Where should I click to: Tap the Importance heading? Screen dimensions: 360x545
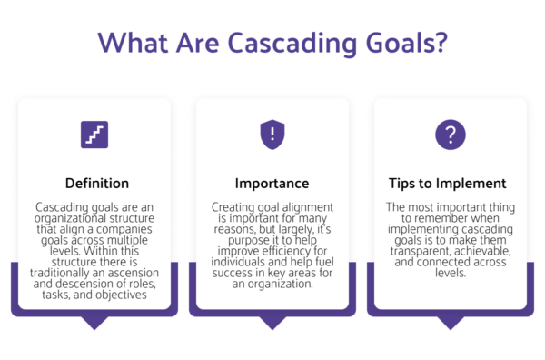click(272, 183)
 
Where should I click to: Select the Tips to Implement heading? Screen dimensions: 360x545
click(450, 183)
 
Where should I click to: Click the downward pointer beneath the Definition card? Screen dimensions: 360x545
click(94, 322)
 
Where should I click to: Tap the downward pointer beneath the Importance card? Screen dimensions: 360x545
click(272, 322)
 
